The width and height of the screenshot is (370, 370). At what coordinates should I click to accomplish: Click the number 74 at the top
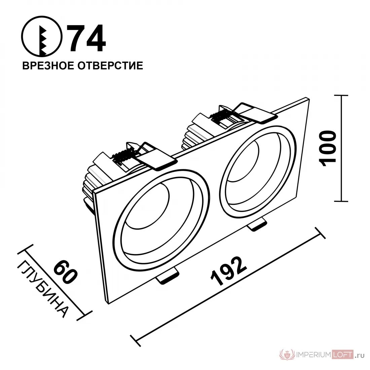point(86,38)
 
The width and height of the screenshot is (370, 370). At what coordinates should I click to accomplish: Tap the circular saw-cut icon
point(42,37)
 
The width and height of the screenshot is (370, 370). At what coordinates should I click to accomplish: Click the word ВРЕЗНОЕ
point(48,66)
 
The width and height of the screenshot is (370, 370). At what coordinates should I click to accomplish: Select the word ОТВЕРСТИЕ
point(110,66)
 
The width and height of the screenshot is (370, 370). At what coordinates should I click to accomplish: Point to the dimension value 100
point(327,148)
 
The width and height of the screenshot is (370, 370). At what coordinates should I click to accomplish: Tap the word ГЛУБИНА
point(43,289)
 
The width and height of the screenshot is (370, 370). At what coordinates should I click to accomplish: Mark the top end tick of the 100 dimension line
point(341,95)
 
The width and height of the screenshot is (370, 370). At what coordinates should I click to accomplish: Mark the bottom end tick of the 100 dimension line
point(341,201)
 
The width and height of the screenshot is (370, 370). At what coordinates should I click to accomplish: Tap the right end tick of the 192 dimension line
point(321,233)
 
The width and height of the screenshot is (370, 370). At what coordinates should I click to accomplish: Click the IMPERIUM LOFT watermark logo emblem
point(287,355)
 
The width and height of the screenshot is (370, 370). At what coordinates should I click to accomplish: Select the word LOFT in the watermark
point(342,355)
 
